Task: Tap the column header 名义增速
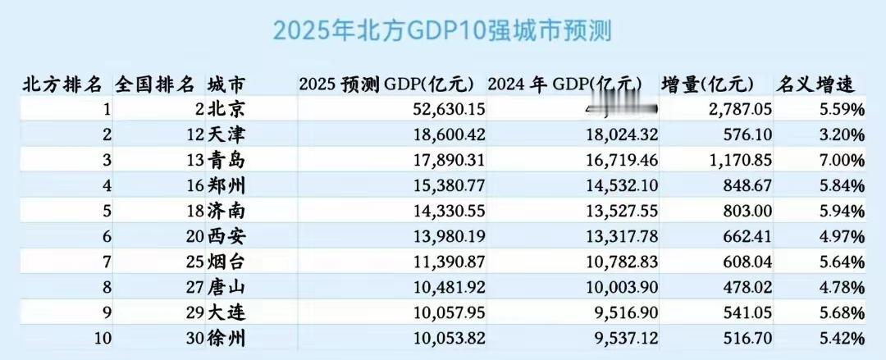tap(815, 84)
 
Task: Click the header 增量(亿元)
tap(707, 84)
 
